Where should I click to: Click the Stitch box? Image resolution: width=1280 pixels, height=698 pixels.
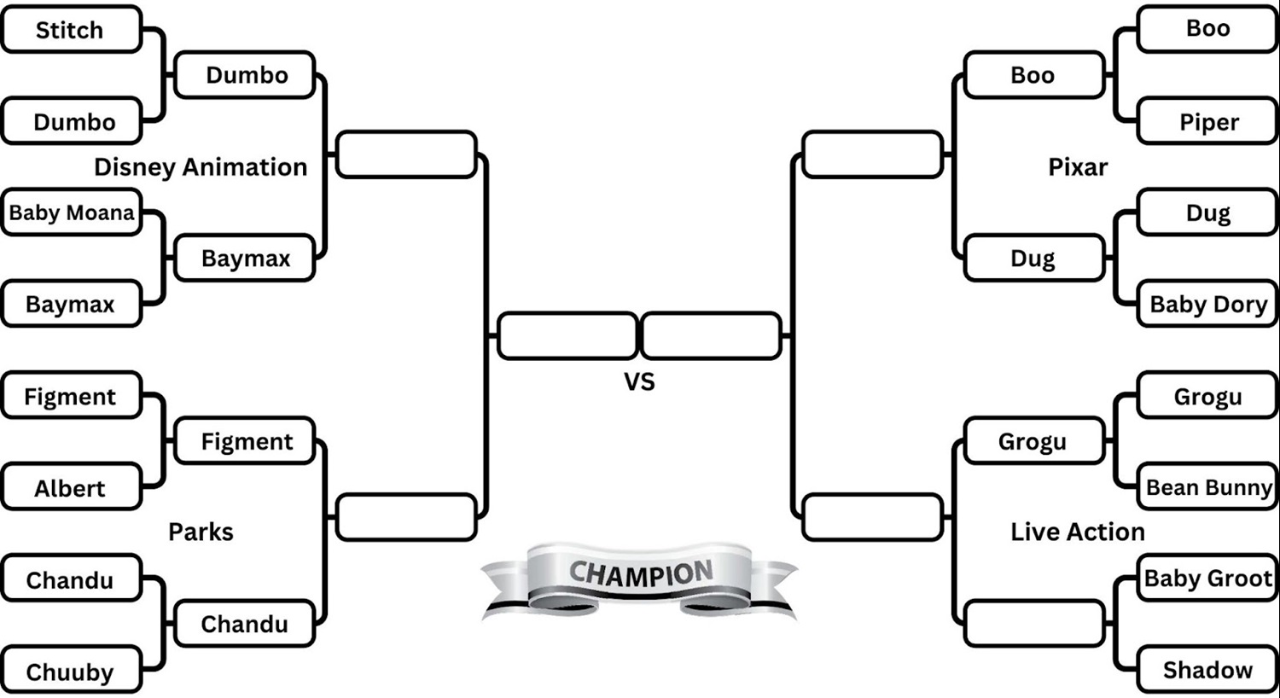click(71, 30)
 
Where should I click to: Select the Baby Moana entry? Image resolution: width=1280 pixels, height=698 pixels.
click(71, 212)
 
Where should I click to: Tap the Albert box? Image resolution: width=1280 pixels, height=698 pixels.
click(71, 488)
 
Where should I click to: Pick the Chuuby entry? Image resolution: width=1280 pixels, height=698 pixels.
click(71, 672)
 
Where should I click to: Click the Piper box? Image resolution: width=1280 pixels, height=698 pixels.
click(1208, 122)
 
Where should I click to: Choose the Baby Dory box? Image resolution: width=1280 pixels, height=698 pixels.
click(1208, 305)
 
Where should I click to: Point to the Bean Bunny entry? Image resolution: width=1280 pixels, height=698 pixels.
click(1208, 487)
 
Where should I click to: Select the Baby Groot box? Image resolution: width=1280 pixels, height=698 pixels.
click(1208, 579)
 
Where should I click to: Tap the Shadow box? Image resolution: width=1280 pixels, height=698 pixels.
click(1208, 670)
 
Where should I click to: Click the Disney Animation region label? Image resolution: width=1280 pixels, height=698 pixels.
click(201, 167)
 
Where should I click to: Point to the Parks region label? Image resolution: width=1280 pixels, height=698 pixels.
click(201, 532)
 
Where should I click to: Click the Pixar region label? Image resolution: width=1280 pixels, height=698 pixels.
click(1078, 167)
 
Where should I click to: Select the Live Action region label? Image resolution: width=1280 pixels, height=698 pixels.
click(1078, 532)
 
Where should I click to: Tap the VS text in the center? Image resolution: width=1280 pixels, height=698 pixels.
click(639, 381)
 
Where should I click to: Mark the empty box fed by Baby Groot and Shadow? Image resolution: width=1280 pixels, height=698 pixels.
click(1033, 624)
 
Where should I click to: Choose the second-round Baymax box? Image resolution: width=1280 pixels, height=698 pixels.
click(245, 259)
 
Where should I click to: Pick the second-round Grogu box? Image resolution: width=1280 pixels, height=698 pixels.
click(1033, 441)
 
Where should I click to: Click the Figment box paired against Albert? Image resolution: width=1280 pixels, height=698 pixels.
click(71, 397)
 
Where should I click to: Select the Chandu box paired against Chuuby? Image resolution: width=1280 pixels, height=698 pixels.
click(71, 580)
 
